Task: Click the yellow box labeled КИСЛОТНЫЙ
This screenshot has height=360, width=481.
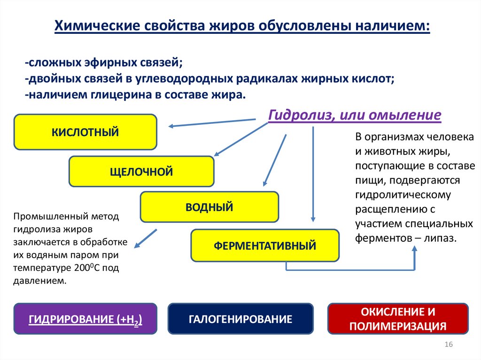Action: pos(85,132)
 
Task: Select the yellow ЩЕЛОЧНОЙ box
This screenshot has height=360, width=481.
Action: pos(141,171)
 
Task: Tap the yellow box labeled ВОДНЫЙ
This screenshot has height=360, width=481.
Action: pos(209,207)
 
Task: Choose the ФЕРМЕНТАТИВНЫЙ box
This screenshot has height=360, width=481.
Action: pos(265,245)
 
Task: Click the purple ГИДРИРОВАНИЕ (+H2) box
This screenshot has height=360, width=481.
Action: pos(85,319)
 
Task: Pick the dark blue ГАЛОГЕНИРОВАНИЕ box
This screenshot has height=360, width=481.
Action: pos(240,319)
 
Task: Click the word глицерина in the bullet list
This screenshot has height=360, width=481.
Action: pos(120,94)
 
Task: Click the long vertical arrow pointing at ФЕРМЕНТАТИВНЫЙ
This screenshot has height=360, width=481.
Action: pos(313,174)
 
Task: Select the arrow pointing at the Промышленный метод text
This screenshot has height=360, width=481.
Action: pos(145,238)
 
